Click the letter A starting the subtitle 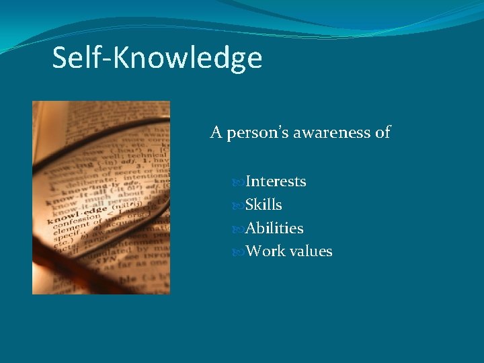(x=216, y=132)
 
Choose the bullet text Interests (x=276, y=182)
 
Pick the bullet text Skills (x=264, y=205)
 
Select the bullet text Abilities (x=274, y=229)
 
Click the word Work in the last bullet (x=263, y=251)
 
